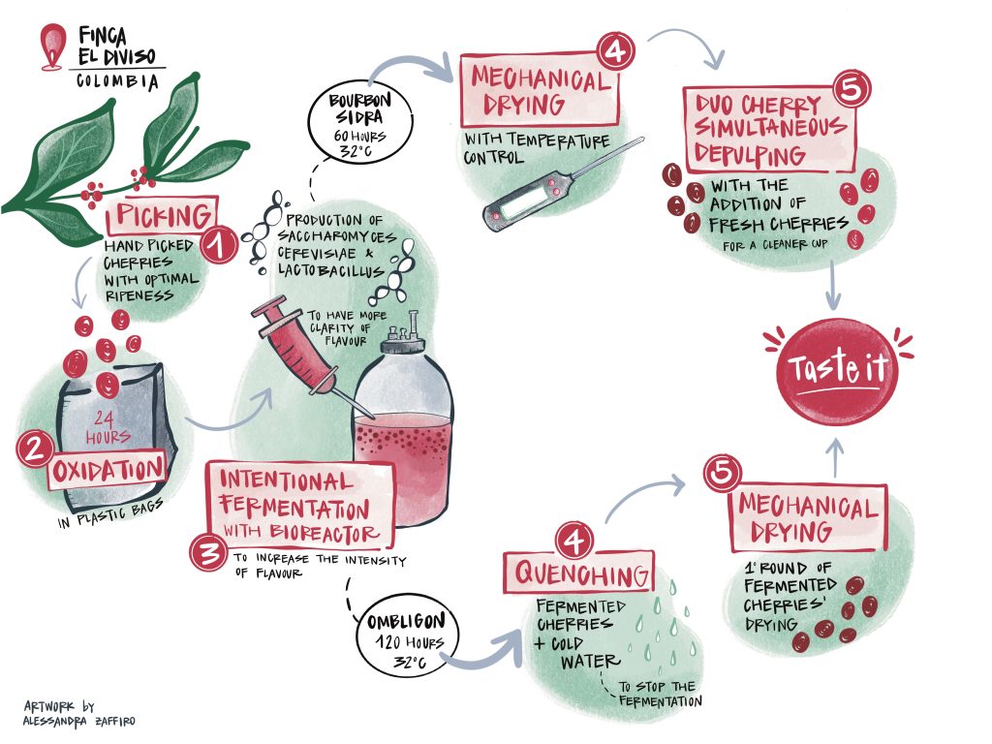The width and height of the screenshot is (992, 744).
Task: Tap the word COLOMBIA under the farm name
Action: (117, 81)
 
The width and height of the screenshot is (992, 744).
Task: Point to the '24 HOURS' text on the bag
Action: (107, 427)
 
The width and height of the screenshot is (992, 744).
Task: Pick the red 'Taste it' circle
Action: (836, 371)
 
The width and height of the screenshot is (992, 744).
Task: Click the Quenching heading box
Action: (579, 573)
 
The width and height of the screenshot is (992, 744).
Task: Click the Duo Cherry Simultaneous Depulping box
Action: (770, 129)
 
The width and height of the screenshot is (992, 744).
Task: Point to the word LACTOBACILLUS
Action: (330, 270)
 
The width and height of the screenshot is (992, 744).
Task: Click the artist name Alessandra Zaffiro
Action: (78, 721)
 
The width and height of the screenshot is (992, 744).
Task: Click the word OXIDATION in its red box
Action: (108, 470)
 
